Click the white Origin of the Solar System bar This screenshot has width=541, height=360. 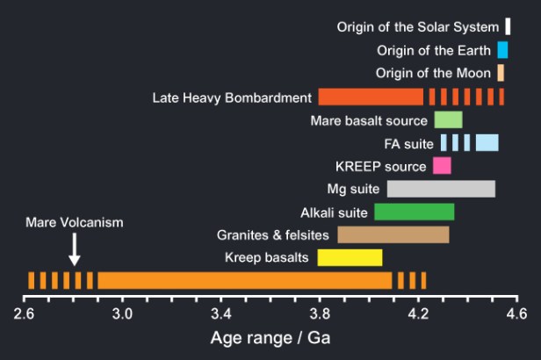click(508, 26)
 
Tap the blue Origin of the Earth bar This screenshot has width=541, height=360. click(502, 50)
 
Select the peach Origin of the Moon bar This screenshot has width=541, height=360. click(500, 73)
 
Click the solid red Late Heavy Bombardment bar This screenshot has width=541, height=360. click(370, 97)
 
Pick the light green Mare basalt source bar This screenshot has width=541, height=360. click(448, 119)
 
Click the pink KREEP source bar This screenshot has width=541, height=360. click(441, 166)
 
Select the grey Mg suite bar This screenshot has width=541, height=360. click(441, 189)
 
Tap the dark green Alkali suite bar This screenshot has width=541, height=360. click(414, 212)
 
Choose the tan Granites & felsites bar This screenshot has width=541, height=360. click(393, 234)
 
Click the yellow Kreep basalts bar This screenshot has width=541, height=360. click(350, 257)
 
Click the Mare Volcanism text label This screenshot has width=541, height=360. click(75, 223)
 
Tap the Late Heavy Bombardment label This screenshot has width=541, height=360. click(232, 97)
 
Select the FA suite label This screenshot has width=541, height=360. click(409, 143)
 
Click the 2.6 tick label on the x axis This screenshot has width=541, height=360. click(24, 313)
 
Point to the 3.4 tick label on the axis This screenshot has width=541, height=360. click(221, 313)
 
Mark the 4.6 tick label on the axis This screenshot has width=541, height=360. click(517, 313)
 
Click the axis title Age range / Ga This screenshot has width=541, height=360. click(270, 338)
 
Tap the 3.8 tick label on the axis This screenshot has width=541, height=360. click(320, 313)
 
